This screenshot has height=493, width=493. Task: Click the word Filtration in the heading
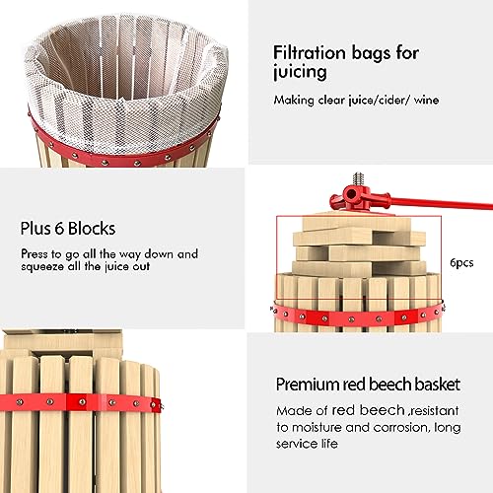(x=310, y=53)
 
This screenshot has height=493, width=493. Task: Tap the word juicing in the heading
(x=300, y=72)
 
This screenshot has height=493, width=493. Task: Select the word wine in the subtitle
(x=426, y=100)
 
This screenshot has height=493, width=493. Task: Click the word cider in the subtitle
(x=392, y=100)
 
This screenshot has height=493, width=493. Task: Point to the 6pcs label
(x=461, y=263)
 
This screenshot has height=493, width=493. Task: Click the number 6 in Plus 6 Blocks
(x=59, y=229)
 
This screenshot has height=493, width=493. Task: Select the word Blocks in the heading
(x=92, y=229)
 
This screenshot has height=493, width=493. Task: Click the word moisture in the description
(x=317, y=427)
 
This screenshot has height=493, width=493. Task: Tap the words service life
(x=307, y=444)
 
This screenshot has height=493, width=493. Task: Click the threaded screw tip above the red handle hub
(x=359, y=179)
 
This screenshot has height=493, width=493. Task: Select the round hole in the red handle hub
(x=351, y=194)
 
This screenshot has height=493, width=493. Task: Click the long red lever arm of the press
(x=441, y=203)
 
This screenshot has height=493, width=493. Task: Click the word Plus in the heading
(x=36, y=229)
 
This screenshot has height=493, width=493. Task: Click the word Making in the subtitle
(x=294, y=101)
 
